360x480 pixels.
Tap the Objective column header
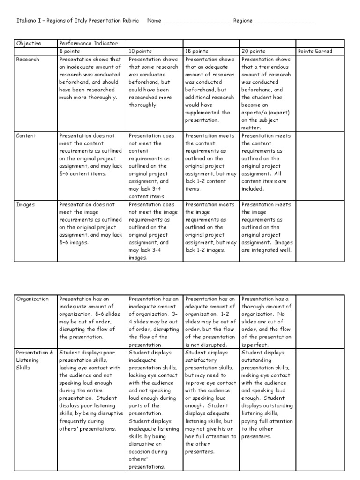point(29,44)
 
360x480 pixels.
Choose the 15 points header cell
point(195,52)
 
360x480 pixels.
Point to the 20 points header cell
point(253,52)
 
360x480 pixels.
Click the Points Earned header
point(315,52)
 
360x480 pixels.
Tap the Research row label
point(28,60)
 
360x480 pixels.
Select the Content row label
point(26,136)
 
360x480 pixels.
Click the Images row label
point(25,205)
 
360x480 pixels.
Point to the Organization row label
point(32,299)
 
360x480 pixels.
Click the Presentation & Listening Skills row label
point(35,360)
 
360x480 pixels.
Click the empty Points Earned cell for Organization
point(325,321)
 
